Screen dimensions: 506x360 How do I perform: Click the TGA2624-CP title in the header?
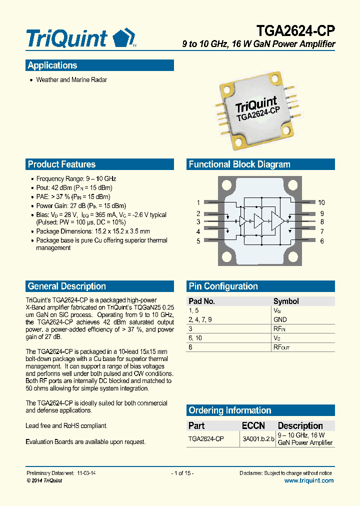(295, 30)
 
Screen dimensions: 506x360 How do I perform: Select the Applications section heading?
(52, 65)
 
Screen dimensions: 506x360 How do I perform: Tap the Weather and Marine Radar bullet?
(71, 80)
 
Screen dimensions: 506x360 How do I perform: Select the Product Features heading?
(61, 164)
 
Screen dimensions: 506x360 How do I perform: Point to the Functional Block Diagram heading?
(239, 164)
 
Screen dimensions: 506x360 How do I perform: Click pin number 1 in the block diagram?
(198, 202)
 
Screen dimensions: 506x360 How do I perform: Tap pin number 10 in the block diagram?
(321, 202)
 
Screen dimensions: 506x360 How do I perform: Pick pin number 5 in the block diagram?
(198, 241)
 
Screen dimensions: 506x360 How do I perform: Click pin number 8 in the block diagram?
(322, 221)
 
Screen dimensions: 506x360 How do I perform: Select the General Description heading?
(66, 286)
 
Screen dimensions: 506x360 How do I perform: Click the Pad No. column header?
(201, 301)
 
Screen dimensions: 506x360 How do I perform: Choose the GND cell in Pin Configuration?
(280, 319)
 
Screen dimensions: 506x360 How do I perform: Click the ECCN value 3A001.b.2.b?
(258, 438)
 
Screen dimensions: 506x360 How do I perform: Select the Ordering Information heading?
(229, 410)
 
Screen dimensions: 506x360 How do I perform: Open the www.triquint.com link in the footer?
(308, 480)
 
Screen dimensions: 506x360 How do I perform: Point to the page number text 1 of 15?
(182, 473)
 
